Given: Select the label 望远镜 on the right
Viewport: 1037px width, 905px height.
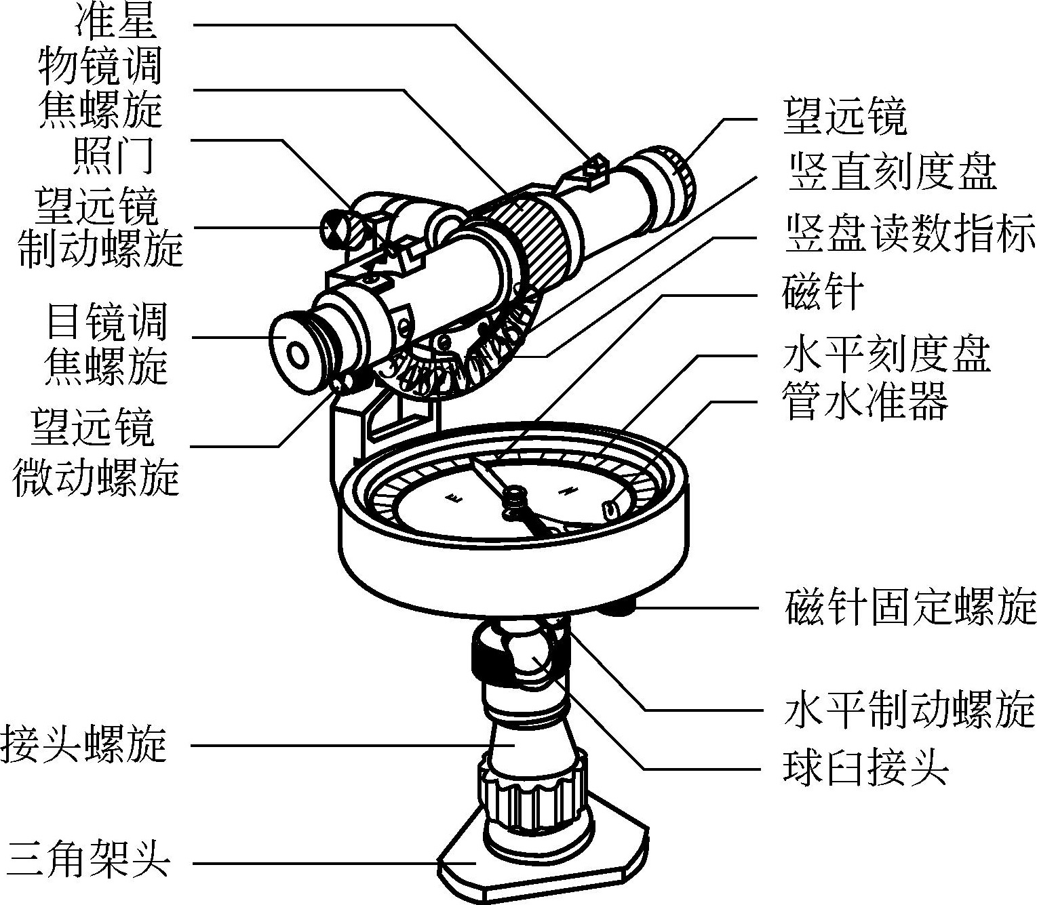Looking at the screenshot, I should click(x=845, y=117).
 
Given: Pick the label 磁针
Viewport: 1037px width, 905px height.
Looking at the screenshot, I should click(x=823, y=293).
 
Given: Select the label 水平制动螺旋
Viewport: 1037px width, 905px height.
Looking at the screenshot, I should click(x=909, y=710).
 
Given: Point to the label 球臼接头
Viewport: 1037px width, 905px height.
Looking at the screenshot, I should click(x=865, y=769).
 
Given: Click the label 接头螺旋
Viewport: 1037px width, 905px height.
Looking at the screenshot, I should click(x=84, y=745).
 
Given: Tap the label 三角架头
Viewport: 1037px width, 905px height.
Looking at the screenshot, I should click(x=87, y=862).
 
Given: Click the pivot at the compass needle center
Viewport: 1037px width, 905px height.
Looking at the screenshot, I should click(x=514, y=497).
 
